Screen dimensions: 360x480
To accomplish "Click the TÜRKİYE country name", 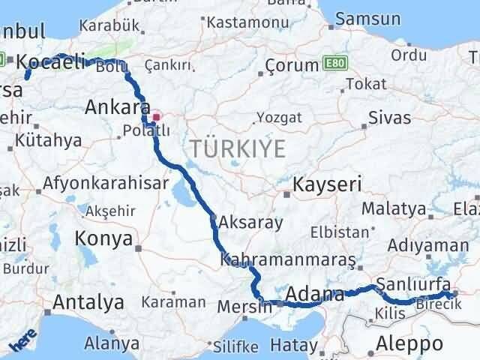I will [x=237, y=148].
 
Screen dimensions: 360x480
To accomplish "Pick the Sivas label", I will [x=389, y=118].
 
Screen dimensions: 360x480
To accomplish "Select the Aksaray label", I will [x=250, y=223].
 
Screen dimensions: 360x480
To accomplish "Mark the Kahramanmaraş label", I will [x=288, y=259].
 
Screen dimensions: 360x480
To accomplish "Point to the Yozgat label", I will [x=279, y=118].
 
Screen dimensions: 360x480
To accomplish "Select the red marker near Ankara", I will [x=157, y=116].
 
